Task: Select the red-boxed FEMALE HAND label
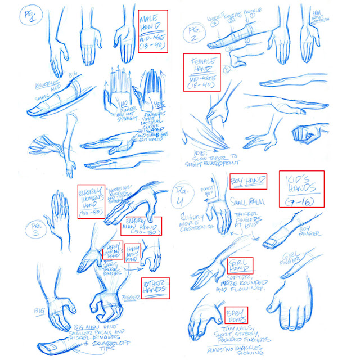coord(201,72)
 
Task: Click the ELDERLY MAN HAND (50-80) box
coord(141,226)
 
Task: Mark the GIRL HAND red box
coord(240,265)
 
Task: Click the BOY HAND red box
coord(247,181)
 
